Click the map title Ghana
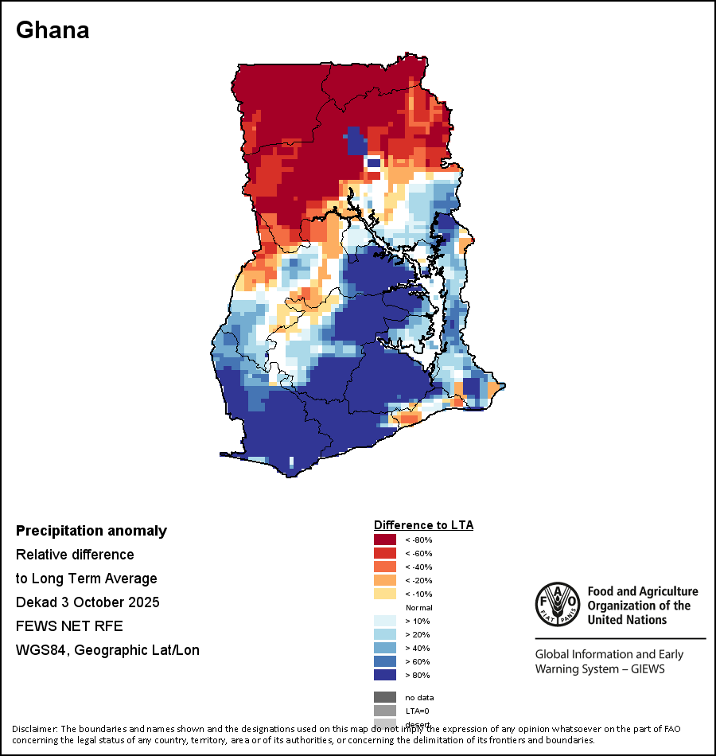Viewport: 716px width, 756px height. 53,30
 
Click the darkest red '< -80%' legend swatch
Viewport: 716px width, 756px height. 385,540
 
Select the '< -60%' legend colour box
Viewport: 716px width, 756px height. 385,554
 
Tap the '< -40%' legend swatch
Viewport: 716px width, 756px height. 385,567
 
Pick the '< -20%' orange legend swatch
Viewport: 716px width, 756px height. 385,581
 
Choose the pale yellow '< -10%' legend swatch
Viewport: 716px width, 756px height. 385,594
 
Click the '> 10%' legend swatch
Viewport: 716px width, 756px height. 385,622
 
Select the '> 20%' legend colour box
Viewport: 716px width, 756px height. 385,635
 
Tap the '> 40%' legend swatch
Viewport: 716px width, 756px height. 385,649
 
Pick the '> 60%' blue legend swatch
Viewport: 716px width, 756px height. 385,662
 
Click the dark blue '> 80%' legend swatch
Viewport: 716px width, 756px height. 385,676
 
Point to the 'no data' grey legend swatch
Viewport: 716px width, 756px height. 385,697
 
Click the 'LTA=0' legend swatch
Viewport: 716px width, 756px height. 385,711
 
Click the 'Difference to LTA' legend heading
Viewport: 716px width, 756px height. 423,525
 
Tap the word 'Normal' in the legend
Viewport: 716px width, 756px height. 418,608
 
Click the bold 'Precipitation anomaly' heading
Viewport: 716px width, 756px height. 91,531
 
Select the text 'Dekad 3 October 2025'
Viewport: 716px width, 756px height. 88,602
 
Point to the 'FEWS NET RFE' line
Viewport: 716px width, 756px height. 69,626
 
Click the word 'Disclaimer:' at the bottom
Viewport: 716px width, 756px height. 35,729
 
